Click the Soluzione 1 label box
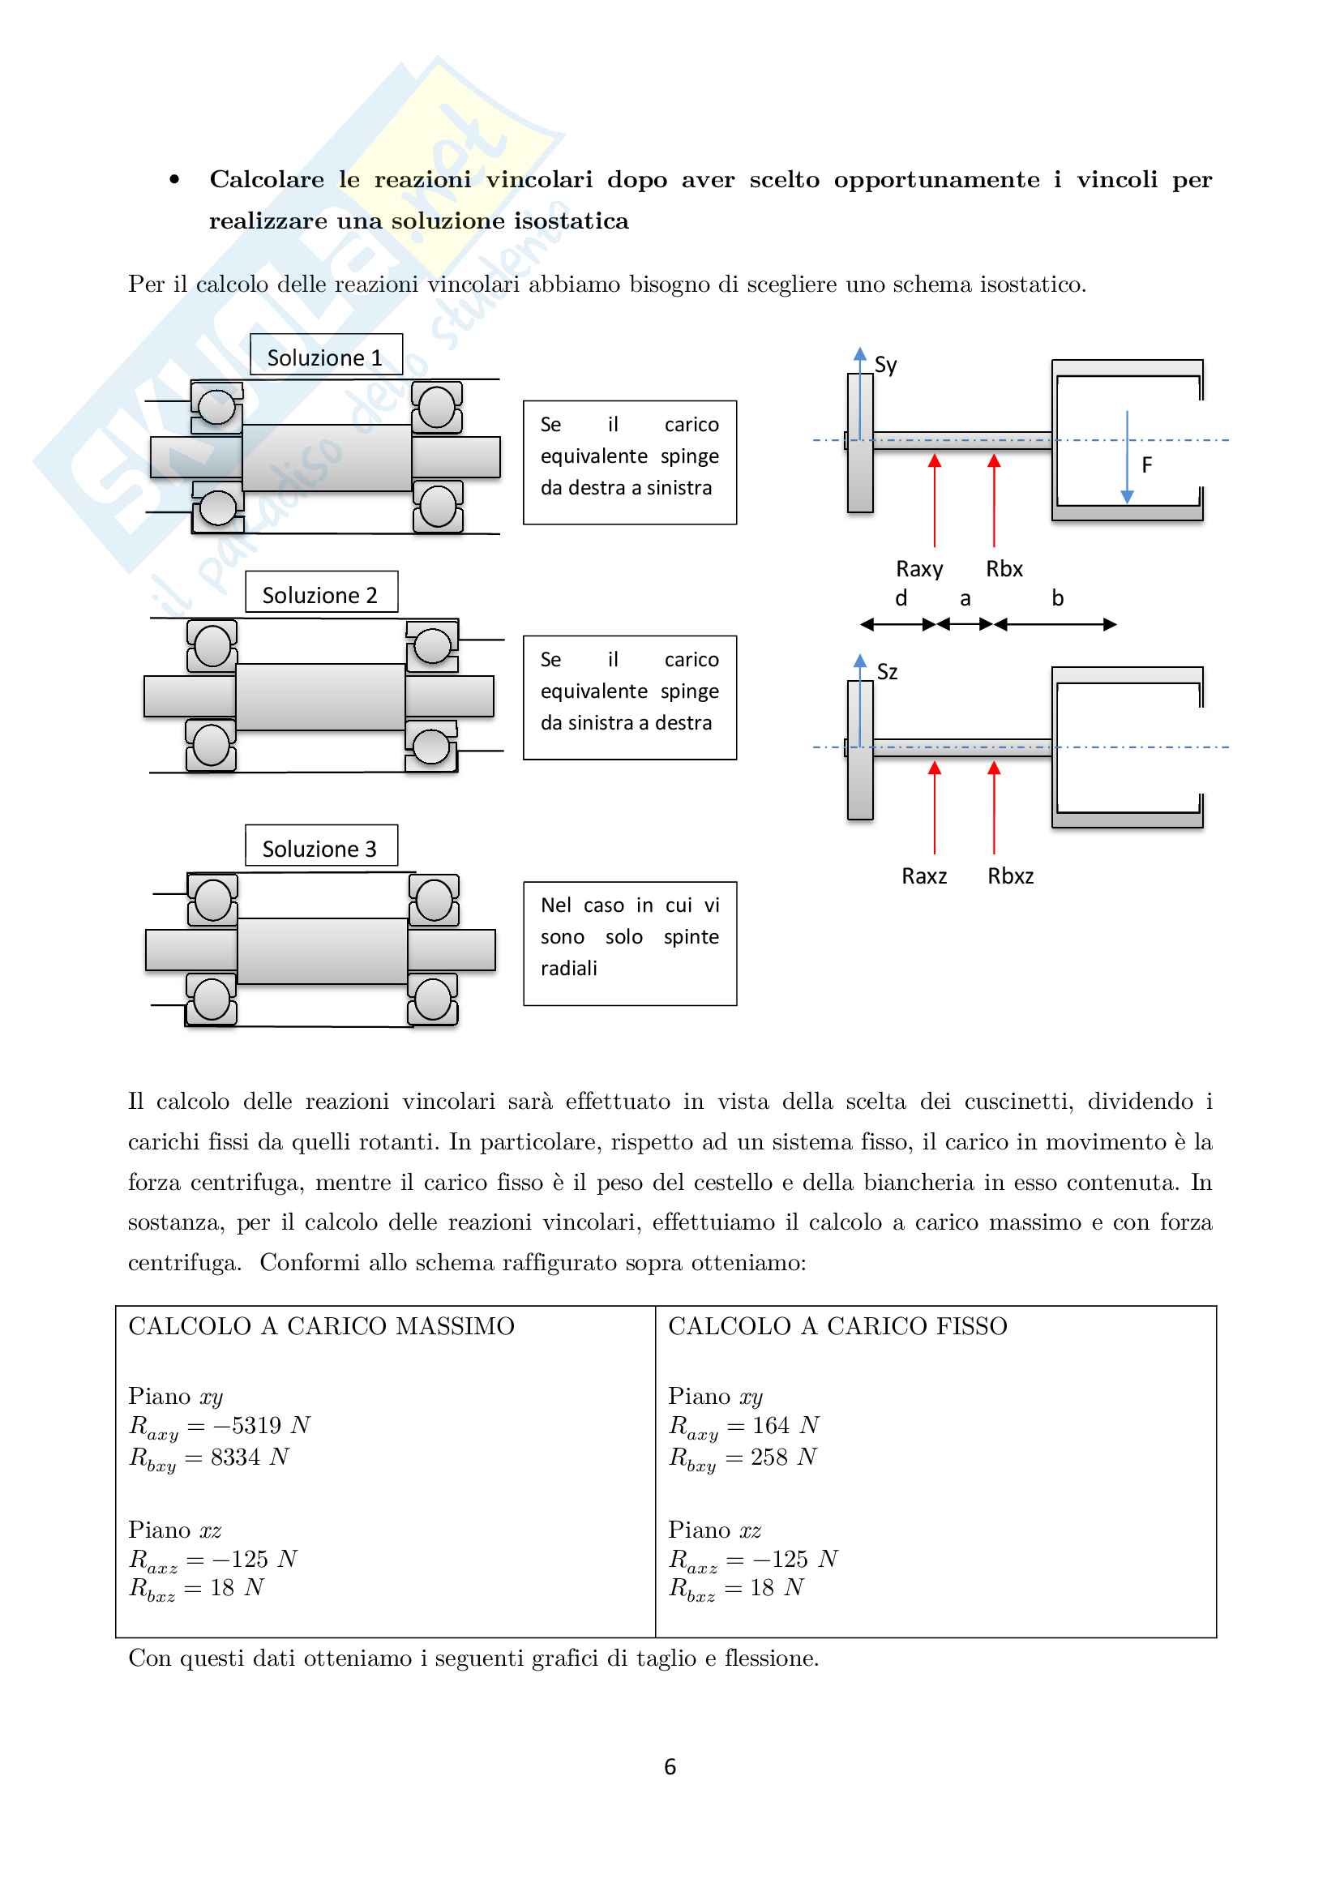[x=325, y=357]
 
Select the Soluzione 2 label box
[x=320, y=593]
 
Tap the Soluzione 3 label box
[x=320, y=847]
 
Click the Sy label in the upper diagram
[x=885, y=365]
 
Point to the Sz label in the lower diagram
[x=887, y=672]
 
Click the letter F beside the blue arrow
[x=1146, y=466]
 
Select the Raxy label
[x=919, y=569]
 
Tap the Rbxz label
[x=1010, y=876]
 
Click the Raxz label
[x=924, y=876]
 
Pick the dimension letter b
[x=1057, y=598]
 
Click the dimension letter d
[x=901, y=598]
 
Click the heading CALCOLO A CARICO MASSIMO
[x=321, y=1326]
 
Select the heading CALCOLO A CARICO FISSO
[x=837, y=1326]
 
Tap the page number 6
[x=670, y=1766]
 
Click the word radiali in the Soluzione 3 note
[x=568, y=968]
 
